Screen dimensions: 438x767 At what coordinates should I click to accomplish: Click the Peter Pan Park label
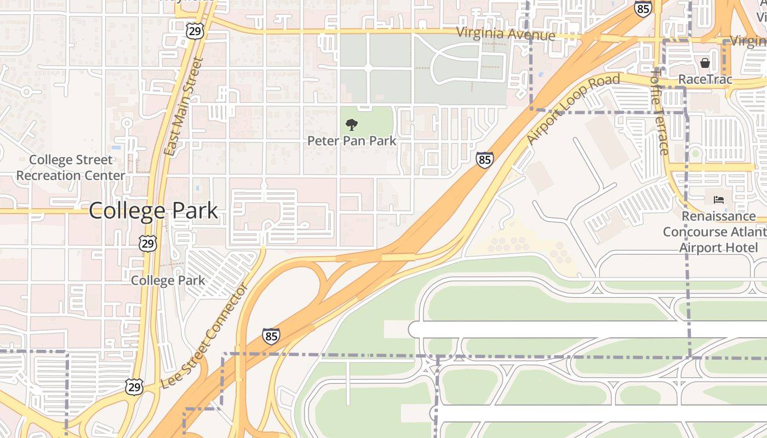tap(351, 141)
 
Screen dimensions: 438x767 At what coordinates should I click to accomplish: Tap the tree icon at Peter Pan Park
tap(351, 125)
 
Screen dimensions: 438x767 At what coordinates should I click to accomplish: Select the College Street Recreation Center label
tap(71, 168)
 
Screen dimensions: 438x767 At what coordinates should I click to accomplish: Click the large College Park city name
tap(153, 211)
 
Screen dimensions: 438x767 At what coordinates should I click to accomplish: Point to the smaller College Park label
tap(168, 280)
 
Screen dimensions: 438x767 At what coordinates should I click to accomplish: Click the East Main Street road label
tap(183, 107)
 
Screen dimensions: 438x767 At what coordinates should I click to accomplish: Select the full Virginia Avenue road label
tap(506, 34)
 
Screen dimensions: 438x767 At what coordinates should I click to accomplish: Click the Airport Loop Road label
tap(573, 108)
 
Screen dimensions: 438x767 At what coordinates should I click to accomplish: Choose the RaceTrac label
tap(705, 79)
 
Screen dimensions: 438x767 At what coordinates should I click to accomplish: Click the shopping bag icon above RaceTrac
tap(705, 63)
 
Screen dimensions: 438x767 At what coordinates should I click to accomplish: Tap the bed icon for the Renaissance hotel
tap(719, 200)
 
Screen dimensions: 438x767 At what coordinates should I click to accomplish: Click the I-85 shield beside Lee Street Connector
tap(271, 336)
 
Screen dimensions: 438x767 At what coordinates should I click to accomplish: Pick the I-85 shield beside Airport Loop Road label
tap(484, 160)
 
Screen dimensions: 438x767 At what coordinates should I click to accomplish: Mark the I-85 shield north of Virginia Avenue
tap(643, 8)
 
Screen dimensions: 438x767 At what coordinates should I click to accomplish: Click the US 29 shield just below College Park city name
tap(148, 243)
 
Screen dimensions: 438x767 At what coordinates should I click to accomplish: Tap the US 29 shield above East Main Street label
tap(194, 31)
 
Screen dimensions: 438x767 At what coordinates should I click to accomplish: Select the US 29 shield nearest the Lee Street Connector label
tap(134, 387)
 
